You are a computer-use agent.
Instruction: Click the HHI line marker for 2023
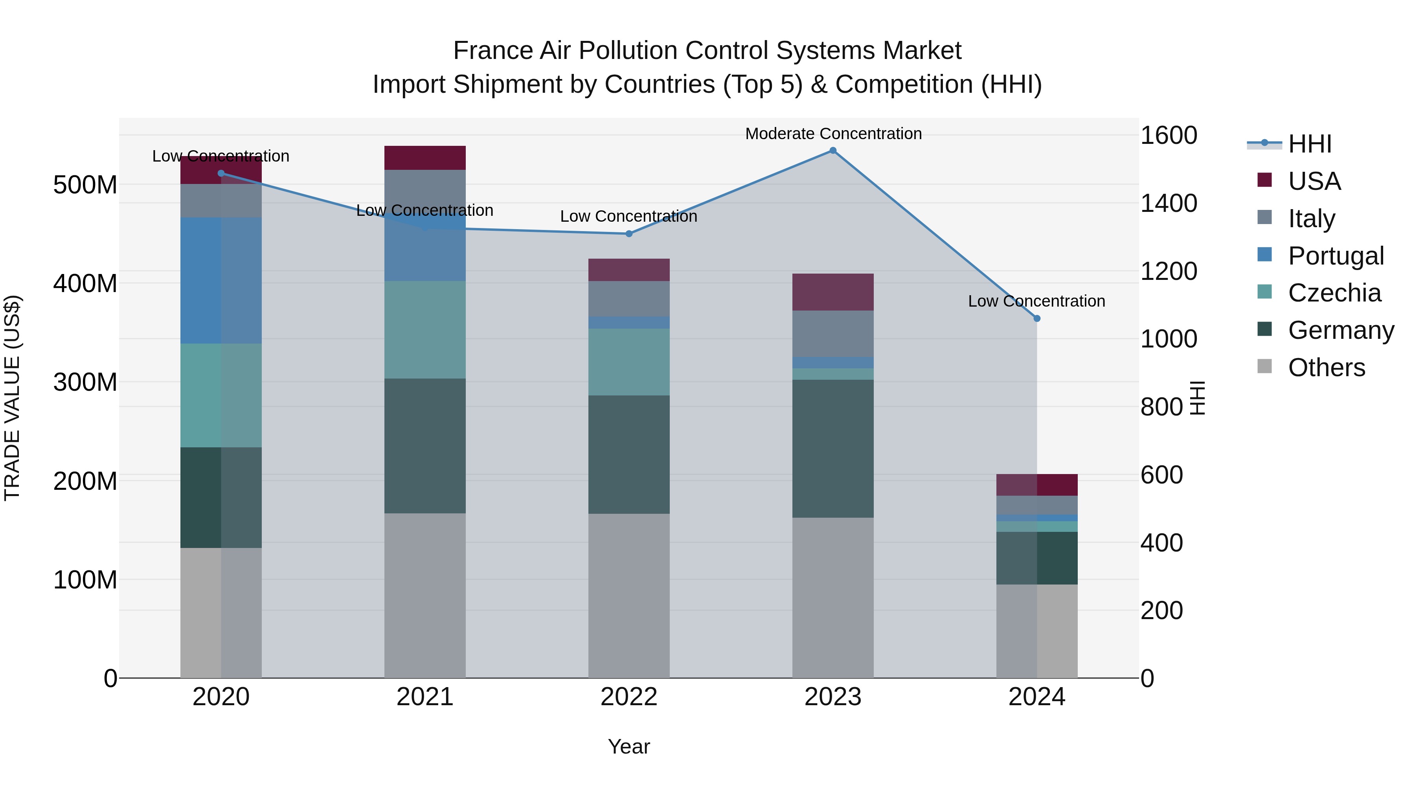833,151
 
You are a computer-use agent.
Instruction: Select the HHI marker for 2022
629,234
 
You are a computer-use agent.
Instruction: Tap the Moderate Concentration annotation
833,134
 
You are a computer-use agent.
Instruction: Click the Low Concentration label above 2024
1036,301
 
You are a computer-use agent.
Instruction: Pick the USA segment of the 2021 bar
424,158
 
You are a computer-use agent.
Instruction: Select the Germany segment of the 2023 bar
833,448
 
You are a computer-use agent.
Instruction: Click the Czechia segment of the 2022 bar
629,362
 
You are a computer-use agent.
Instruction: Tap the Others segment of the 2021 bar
424,596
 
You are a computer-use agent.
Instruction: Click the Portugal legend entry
1335,256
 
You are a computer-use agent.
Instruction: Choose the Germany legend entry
1340,330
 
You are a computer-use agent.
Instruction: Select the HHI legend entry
1310,144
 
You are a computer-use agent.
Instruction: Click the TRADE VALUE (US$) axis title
12,398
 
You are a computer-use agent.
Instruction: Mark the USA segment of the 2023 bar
833,292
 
